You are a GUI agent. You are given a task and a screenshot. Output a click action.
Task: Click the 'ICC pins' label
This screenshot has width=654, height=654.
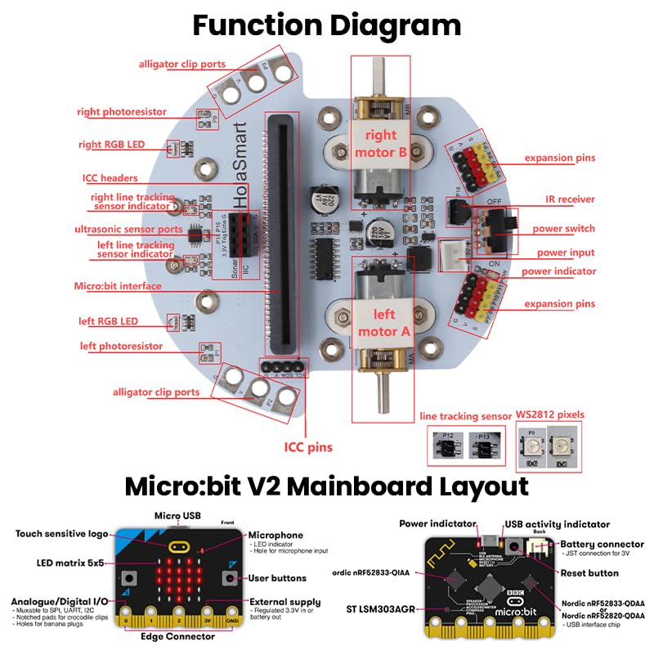308,447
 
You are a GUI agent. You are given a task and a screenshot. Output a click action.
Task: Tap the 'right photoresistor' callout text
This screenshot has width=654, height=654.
122,112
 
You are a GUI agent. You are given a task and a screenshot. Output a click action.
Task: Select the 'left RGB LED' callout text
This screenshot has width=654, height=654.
108,321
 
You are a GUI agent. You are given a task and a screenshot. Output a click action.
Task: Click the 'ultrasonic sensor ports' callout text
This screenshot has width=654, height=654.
128,230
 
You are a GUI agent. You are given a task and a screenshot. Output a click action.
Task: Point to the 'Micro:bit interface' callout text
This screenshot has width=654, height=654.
117,286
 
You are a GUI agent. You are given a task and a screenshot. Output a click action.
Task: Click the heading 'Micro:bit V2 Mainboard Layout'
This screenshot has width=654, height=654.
327,487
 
